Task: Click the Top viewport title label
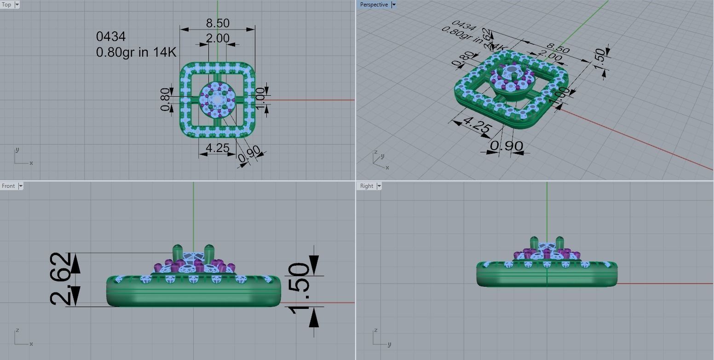[x=6, y=5]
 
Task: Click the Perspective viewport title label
[x=374, y=5]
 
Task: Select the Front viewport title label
[x=8, y=186]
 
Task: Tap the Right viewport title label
[x=367, y=186]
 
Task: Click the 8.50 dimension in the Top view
[x=218, y=23]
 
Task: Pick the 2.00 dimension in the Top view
[x=217, y=38]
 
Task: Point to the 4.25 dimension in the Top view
[x=217, y=148]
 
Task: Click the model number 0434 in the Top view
[x=110, y=36]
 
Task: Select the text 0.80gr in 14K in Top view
[x=136, y=52]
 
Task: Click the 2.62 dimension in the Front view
[x=61, y=279]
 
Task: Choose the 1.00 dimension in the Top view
[x=261, y=99]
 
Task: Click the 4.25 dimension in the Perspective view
[x=476, y=125]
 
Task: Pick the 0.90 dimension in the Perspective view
[x=507, y=146]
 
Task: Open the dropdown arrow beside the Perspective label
[x=394, y=5]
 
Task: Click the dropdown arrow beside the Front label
[x=20, y=186]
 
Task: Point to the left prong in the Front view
[x=178, y=252]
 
